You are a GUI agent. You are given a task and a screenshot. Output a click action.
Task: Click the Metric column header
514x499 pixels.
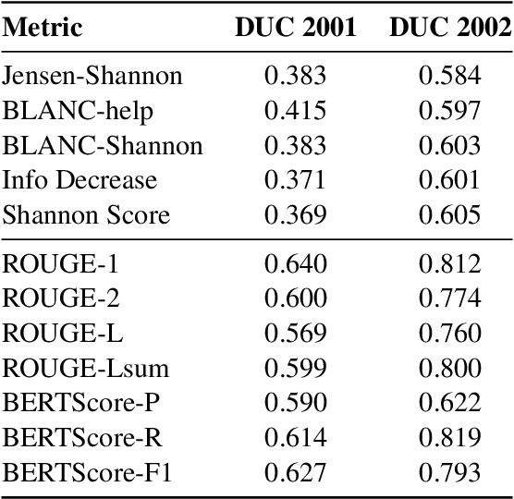point(43,28)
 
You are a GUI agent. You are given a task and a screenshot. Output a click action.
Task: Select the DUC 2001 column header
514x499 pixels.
point(295,28)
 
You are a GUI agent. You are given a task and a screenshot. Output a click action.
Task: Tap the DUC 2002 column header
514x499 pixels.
point(449,28)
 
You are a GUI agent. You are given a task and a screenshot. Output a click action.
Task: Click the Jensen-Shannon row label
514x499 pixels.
point(92,76)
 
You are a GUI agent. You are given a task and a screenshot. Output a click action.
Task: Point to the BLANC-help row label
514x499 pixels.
point(78,111)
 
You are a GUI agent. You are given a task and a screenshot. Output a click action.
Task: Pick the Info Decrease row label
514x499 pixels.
point(80,181)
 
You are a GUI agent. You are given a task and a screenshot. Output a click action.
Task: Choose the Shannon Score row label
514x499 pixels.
point(86,216)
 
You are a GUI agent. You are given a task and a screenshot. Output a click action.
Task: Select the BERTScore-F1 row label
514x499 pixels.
point(88,474)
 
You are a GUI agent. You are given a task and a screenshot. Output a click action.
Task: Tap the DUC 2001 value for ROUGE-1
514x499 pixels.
point(295,264)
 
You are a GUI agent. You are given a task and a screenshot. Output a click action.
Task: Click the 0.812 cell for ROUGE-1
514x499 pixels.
point(449,264)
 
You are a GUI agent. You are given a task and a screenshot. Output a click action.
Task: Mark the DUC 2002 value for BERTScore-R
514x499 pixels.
point(449,439)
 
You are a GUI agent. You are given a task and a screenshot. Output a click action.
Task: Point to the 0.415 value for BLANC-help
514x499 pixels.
point(295,111)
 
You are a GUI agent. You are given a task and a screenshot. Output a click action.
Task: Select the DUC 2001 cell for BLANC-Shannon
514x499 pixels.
point(295,146)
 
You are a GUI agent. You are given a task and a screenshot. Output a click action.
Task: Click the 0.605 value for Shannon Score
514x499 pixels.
point(449,216)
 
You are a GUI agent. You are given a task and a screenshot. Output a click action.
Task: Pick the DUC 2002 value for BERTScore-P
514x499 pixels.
point(449,404)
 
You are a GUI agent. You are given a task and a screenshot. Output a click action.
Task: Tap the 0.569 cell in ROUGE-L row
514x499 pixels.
point(295,334)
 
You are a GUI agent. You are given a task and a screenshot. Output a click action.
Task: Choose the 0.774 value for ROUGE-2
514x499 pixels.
point(449,298)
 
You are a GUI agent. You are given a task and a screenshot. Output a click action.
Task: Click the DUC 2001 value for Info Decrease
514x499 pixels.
point(295,181)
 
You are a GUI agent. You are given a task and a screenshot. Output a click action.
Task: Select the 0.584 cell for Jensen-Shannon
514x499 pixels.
point(449,76)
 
